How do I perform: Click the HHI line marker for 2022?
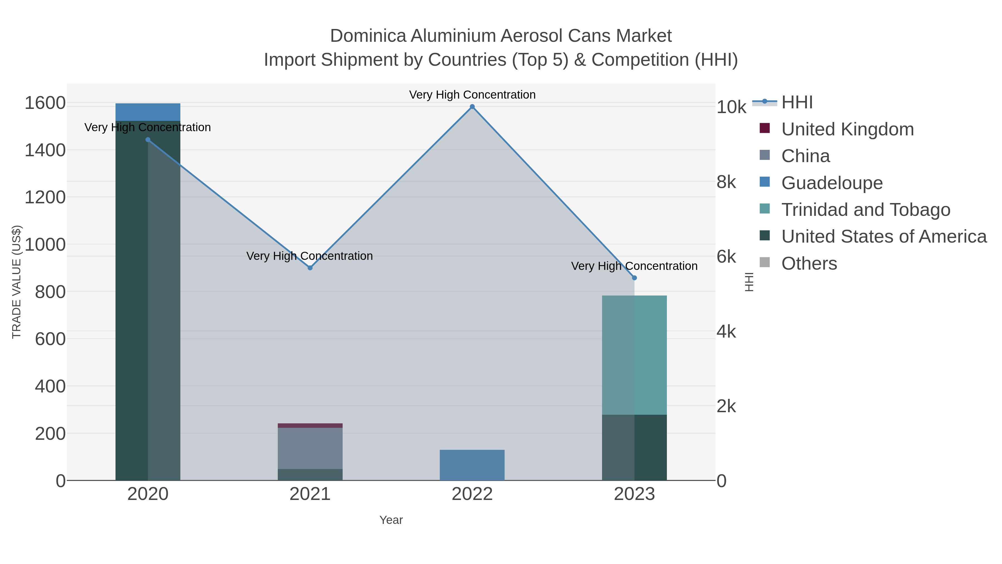tap(472, 107)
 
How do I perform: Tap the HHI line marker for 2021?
tap(310, 268)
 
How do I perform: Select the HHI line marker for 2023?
tap(634, 278)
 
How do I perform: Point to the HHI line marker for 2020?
tap(148, 140)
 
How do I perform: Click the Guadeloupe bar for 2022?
tap(472, 465)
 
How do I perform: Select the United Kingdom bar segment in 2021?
tap(310, 425)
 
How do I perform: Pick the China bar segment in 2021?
tap(310, 448)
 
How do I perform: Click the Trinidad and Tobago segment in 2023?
tap(634, 355)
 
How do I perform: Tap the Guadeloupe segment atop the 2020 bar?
tap(148, 112)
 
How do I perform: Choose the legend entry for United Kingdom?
tap(847, 129)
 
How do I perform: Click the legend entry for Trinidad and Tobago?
tap(865, 210)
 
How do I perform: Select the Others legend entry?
tap(809, 263)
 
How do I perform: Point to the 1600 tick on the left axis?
tap(45, 104)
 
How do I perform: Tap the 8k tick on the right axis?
tap(726, 182)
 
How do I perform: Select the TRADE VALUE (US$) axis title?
tap(17, 282)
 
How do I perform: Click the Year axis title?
tap(391, 520)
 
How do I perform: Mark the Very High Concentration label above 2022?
tap(472, 95)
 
